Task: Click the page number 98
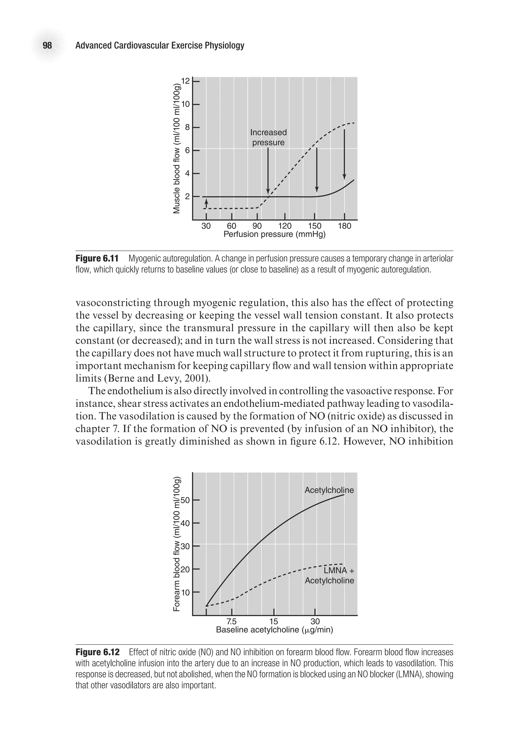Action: point(47,45)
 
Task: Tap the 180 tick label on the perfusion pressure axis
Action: point(344,226)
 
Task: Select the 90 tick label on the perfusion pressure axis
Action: point(257,226)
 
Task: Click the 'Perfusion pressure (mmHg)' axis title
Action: point(274,234)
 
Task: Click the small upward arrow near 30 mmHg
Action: point(206,202)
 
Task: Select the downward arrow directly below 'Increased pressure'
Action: point(268,171)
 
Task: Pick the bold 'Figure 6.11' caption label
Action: point(97,258)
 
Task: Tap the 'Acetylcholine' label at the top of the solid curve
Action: point(329,490)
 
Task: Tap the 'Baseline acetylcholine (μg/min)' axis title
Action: point(274,630)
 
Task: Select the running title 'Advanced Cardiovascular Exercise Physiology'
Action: point(160,45)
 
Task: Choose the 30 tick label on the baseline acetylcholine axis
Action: point(315,621)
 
